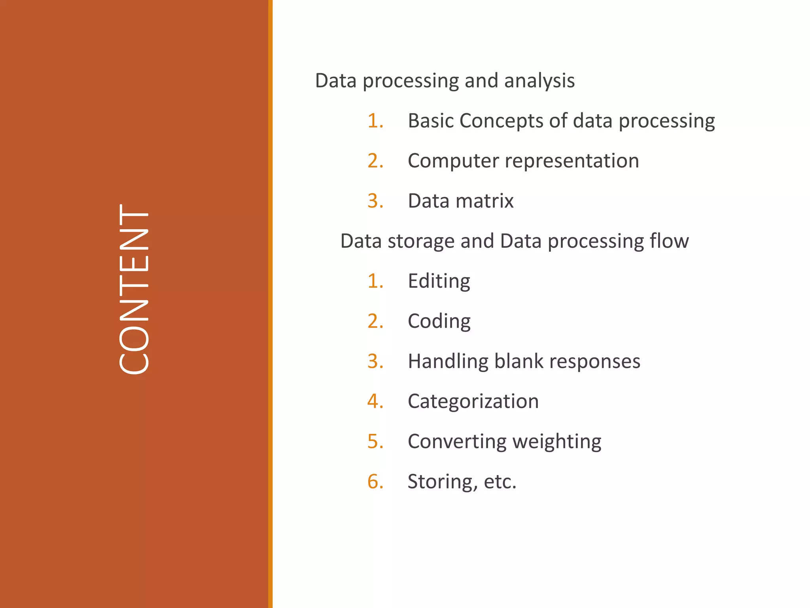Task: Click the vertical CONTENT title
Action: click(134, 289)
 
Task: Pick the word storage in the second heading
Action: click(421, 241)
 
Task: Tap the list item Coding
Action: click(439, 321)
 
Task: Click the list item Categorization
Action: click(473, 401)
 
